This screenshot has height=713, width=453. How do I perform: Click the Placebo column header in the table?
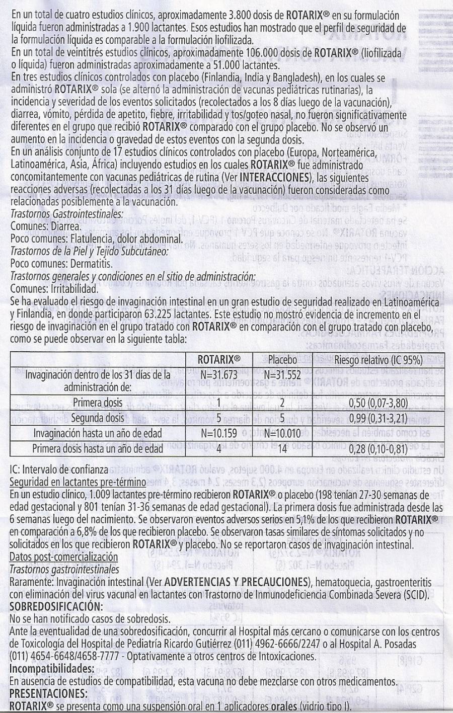282,360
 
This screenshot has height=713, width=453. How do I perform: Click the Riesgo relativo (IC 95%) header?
378,360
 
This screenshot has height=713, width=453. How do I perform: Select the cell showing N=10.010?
282,433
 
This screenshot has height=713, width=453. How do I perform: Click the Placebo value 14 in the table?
282,448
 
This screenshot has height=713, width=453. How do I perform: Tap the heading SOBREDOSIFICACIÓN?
56,606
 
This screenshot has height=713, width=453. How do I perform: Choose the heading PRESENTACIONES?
49,694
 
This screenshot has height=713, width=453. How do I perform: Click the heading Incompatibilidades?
52,669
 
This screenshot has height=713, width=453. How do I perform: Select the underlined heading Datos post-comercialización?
64,558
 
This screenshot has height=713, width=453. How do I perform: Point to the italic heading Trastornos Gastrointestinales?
66,214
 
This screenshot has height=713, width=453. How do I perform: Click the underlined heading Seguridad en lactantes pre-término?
78,482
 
